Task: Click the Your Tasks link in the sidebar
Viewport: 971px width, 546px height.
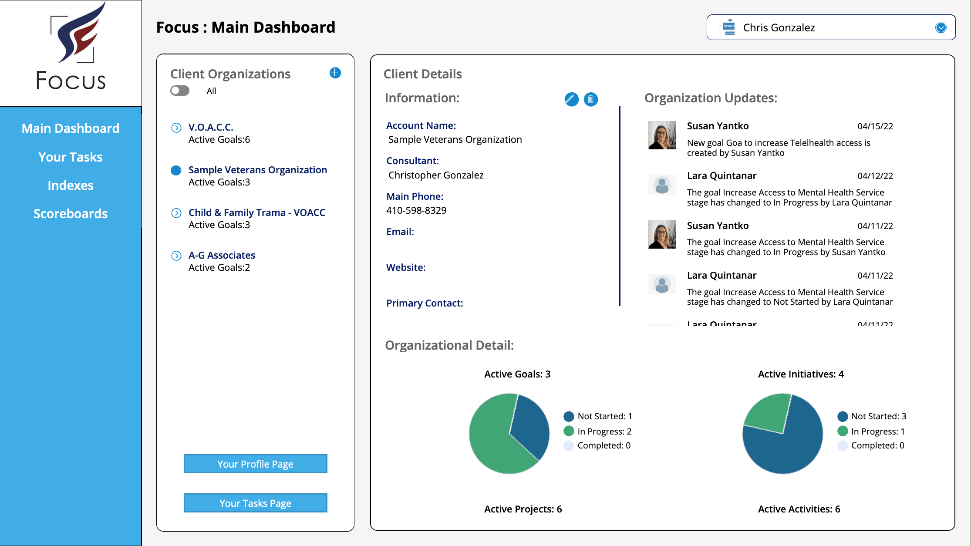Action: point(71,157)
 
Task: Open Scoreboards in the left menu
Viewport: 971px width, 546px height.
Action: point(71,214)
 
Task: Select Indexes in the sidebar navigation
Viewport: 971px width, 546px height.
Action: point(71,185)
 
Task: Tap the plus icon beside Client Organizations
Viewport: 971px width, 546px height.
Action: point(335,73)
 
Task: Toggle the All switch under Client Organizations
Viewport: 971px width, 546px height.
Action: point(180,91)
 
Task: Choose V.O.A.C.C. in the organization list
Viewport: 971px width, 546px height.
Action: point(211,127)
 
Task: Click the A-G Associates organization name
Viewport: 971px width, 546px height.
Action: point(222,255)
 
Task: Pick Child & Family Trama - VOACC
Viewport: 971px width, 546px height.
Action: point(256,212)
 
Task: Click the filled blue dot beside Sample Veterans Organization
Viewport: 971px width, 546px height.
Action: point(176,170)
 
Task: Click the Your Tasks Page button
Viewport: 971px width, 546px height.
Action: point(255,503)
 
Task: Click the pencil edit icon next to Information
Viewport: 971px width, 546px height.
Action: point(571,99)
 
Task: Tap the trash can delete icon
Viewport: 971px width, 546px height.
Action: point(590,99)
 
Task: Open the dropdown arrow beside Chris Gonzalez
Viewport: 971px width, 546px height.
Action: point(941,27)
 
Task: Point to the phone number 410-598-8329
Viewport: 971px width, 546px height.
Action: point(416,211)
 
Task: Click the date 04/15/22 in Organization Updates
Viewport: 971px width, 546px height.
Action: point(875,126)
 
